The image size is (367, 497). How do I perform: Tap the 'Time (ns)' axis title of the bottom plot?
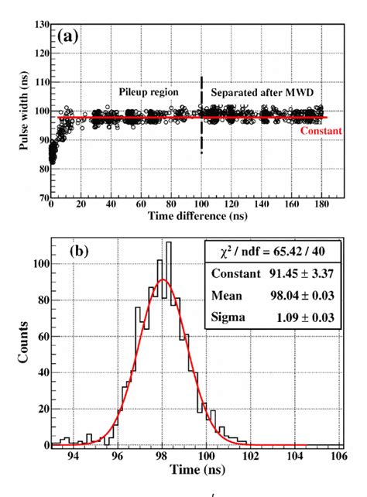click(x=191, y=471)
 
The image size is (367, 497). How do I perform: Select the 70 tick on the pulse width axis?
click(x=39, y=198)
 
